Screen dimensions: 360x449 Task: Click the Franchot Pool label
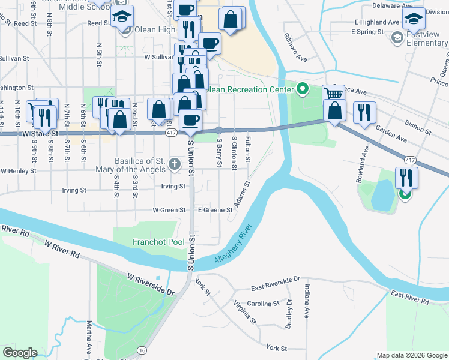[x=158, y=242]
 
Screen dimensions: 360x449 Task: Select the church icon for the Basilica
[x=175, y=164]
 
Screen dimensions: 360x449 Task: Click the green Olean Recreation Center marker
[x=303, y=90]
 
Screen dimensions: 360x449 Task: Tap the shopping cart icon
[x=334, y=94]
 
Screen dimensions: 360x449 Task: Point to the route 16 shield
[x=142, y=350]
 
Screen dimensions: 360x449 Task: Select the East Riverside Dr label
[x=275, y=280]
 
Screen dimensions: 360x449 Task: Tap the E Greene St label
[x=215, y=211]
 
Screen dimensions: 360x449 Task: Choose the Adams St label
[x=243, y=194]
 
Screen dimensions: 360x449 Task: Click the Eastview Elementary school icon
[x=397, y=38]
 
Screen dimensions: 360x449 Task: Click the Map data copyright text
[x=411, y=355]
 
